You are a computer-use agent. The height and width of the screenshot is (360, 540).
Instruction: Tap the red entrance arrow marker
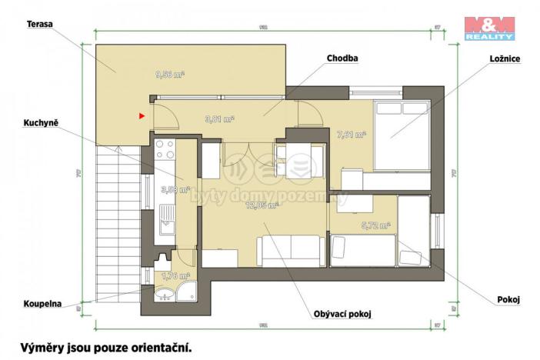142,116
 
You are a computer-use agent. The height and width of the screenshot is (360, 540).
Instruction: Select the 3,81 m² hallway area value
219,118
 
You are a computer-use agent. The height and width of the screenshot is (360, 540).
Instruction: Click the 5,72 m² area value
375,226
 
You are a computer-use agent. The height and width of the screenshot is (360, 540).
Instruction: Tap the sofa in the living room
290,249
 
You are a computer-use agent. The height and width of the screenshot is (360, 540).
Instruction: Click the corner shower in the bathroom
185,293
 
